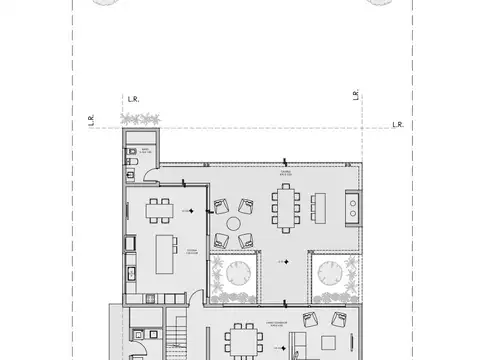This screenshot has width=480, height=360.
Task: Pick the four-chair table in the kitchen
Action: tap(158, 210)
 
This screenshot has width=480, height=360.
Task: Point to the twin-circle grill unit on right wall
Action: tap(351, 207)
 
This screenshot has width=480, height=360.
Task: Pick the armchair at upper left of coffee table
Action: tap(220, 208)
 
